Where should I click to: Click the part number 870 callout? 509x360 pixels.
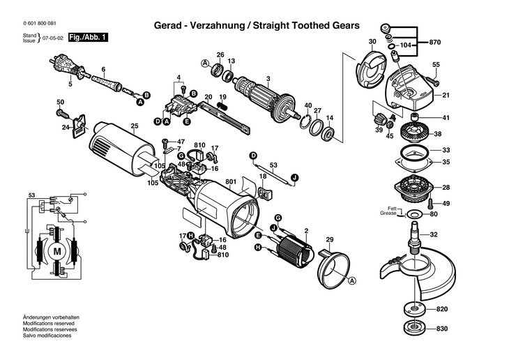(435, 43)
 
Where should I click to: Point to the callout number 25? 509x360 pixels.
(135, 126)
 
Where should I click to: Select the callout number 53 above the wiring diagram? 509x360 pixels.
(31, 195)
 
